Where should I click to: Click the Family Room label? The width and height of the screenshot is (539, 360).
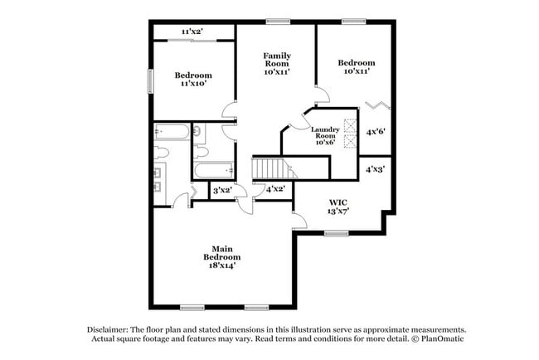(x=276, y=63)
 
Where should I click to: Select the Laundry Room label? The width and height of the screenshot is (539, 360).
(x=323, y=135)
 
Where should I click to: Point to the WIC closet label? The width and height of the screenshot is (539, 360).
(x=337, y=206)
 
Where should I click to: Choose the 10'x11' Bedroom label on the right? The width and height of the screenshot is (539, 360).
(x=357, y=67)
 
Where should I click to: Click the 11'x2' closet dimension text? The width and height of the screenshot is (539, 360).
(x=192, y=32)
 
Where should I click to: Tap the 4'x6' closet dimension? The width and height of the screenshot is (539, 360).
(x=376, y=131)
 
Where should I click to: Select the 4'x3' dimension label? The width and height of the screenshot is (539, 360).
(x=376, y=169)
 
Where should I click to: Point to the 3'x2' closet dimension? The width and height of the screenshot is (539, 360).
(x=221, y=191)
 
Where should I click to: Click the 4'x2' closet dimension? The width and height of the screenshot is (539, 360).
(x=275, y=190)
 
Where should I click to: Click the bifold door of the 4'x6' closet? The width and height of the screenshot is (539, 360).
(x=377, y=105)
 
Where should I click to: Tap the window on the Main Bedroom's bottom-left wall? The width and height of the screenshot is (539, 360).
(x=192, y=308)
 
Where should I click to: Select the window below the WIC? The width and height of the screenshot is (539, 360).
(x=336, y=233)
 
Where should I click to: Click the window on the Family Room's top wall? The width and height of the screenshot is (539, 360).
(x=277, y=21)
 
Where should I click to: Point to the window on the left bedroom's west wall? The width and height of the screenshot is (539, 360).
(x=151, y=80)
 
